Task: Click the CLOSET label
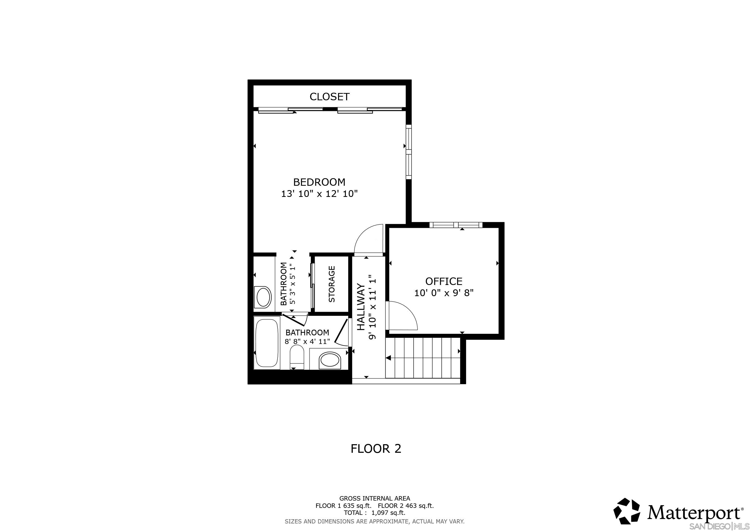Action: [330, 97]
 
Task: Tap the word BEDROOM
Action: [319, 182]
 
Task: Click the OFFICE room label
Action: [444, 281]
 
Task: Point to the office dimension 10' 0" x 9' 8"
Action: [444, 293]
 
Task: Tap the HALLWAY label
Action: [361, 307]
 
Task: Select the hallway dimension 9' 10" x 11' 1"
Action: [372, 307]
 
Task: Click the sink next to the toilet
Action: [329, 360]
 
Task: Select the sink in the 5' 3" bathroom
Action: [263, 297]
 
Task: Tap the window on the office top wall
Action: [456, 225]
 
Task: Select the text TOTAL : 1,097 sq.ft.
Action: [374, 513]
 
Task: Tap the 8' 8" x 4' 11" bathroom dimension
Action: [307, 341]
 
